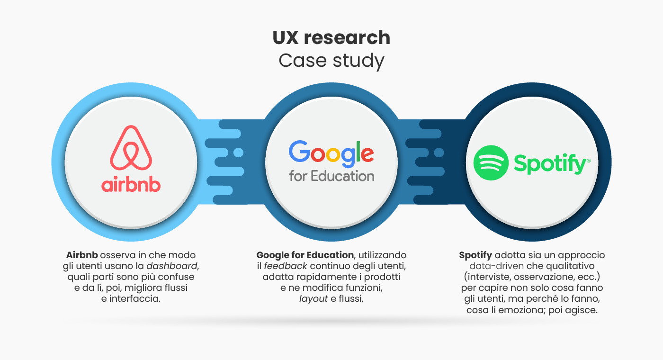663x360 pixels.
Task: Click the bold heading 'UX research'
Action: (331, 37)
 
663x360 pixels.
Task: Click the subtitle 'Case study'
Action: (331, 61)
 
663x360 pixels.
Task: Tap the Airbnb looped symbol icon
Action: (131, 148)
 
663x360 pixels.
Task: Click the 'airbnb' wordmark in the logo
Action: (131, 185)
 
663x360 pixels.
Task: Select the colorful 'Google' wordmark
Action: (331, 153)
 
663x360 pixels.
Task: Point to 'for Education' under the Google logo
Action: (331, 176)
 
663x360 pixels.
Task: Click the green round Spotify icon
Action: (491, 163)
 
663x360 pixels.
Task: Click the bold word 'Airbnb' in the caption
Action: (82, 255)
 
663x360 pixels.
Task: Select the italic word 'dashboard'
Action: (171, 266)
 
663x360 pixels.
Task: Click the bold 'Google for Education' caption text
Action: (305, 255)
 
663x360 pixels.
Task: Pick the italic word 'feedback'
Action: (285, 266)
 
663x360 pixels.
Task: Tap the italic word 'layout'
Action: (314, 299)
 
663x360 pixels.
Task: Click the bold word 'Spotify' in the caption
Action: (475, 255)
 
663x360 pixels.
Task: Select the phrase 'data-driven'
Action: (496, 266)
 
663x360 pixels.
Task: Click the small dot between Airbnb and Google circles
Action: (238, 153)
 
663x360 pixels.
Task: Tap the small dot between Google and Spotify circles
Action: (439, 153)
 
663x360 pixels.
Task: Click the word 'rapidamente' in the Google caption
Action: (326, 277)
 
